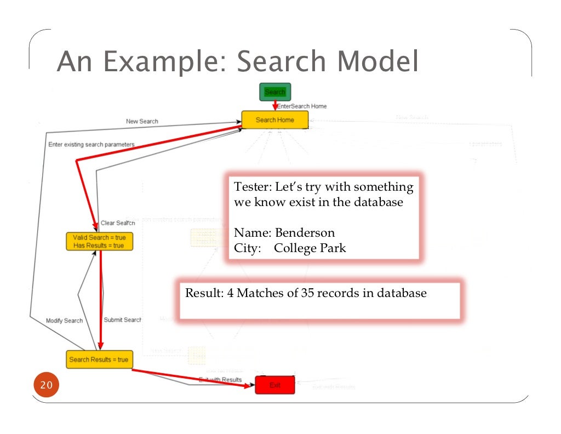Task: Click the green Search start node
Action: click(x=275, y=92)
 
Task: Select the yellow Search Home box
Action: click(x=275, y=120)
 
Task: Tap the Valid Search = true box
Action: click(x=99, y=242)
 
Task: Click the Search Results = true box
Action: click(x=99, y=359)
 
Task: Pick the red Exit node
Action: click(x=275, y=385)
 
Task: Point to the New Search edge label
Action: click(x=142, y=121)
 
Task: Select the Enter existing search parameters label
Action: click(x=91, y=145)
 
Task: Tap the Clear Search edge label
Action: click(x=118, y=223)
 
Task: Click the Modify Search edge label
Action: click(x=65, y=321)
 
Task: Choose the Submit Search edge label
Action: click(x=123, y=320)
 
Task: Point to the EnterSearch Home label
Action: click(x=302, y=106)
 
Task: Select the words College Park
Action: click(x=310, y=248)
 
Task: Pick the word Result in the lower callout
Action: click(x=202, y=293)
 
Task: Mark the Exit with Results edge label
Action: click(x=220, y=380)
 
